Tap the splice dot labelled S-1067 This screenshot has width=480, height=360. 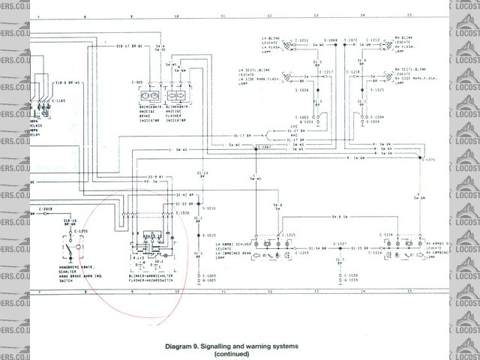click(257, 148)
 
